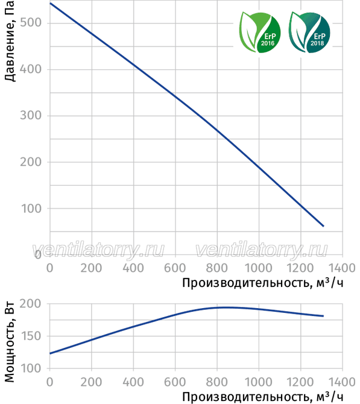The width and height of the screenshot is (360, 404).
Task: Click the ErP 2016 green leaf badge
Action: coord(260,32)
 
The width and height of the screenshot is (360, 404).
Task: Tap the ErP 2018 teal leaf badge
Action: coord(309,32)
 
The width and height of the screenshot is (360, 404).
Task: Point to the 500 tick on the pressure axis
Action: coord(31,23)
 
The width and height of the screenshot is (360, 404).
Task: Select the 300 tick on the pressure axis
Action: coord(31,115)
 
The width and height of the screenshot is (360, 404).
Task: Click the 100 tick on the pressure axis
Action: coord(31,209)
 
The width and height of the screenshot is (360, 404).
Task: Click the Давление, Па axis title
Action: coord(10,41)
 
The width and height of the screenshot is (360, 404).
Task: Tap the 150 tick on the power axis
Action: coord(31,336)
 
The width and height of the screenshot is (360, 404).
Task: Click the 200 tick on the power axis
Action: coord(31,304)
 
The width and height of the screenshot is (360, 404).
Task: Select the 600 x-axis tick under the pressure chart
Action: coord(175,268)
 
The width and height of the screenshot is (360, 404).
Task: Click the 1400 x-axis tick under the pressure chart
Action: coord(342,268)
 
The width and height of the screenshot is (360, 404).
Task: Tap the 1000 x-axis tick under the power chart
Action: coord(259,382)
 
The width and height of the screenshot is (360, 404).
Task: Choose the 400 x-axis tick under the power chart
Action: coord(133,382)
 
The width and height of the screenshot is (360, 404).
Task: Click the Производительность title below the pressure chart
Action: coord(263,283)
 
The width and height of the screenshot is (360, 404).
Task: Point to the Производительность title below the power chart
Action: coord(263,397)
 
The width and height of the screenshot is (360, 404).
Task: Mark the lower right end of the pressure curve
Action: coord(323,226)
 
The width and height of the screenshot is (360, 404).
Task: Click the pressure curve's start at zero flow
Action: coord(50,4)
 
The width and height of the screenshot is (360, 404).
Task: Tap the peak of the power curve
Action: coord(223,308)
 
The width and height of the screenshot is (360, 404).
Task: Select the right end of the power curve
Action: coord(323,316)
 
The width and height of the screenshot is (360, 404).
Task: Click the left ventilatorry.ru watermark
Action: coord(98,250)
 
